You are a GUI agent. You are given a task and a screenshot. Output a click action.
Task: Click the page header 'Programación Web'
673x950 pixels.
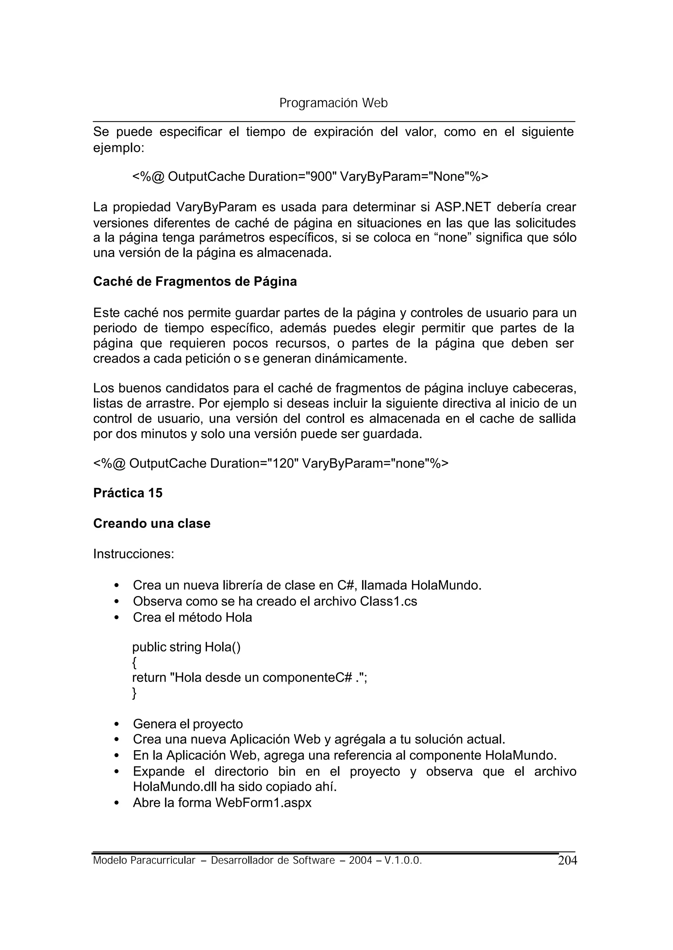333,103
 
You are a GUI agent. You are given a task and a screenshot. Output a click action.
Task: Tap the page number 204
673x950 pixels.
567,861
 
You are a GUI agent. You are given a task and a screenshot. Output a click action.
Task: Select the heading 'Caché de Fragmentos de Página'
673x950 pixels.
195,282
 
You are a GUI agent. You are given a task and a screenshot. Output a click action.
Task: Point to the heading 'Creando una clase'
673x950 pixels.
152,523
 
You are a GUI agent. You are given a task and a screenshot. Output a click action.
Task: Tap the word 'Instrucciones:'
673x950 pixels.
133,554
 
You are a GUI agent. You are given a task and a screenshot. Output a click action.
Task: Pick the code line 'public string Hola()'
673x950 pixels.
186,647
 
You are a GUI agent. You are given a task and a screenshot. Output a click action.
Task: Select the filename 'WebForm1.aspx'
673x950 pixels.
263,803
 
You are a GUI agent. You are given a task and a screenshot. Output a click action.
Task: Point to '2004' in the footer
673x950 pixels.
360,861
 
